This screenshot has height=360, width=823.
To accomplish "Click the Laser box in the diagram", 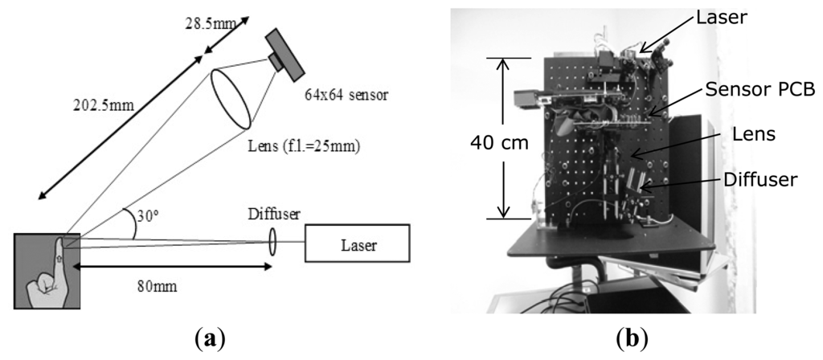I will [x=357, y=242].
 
